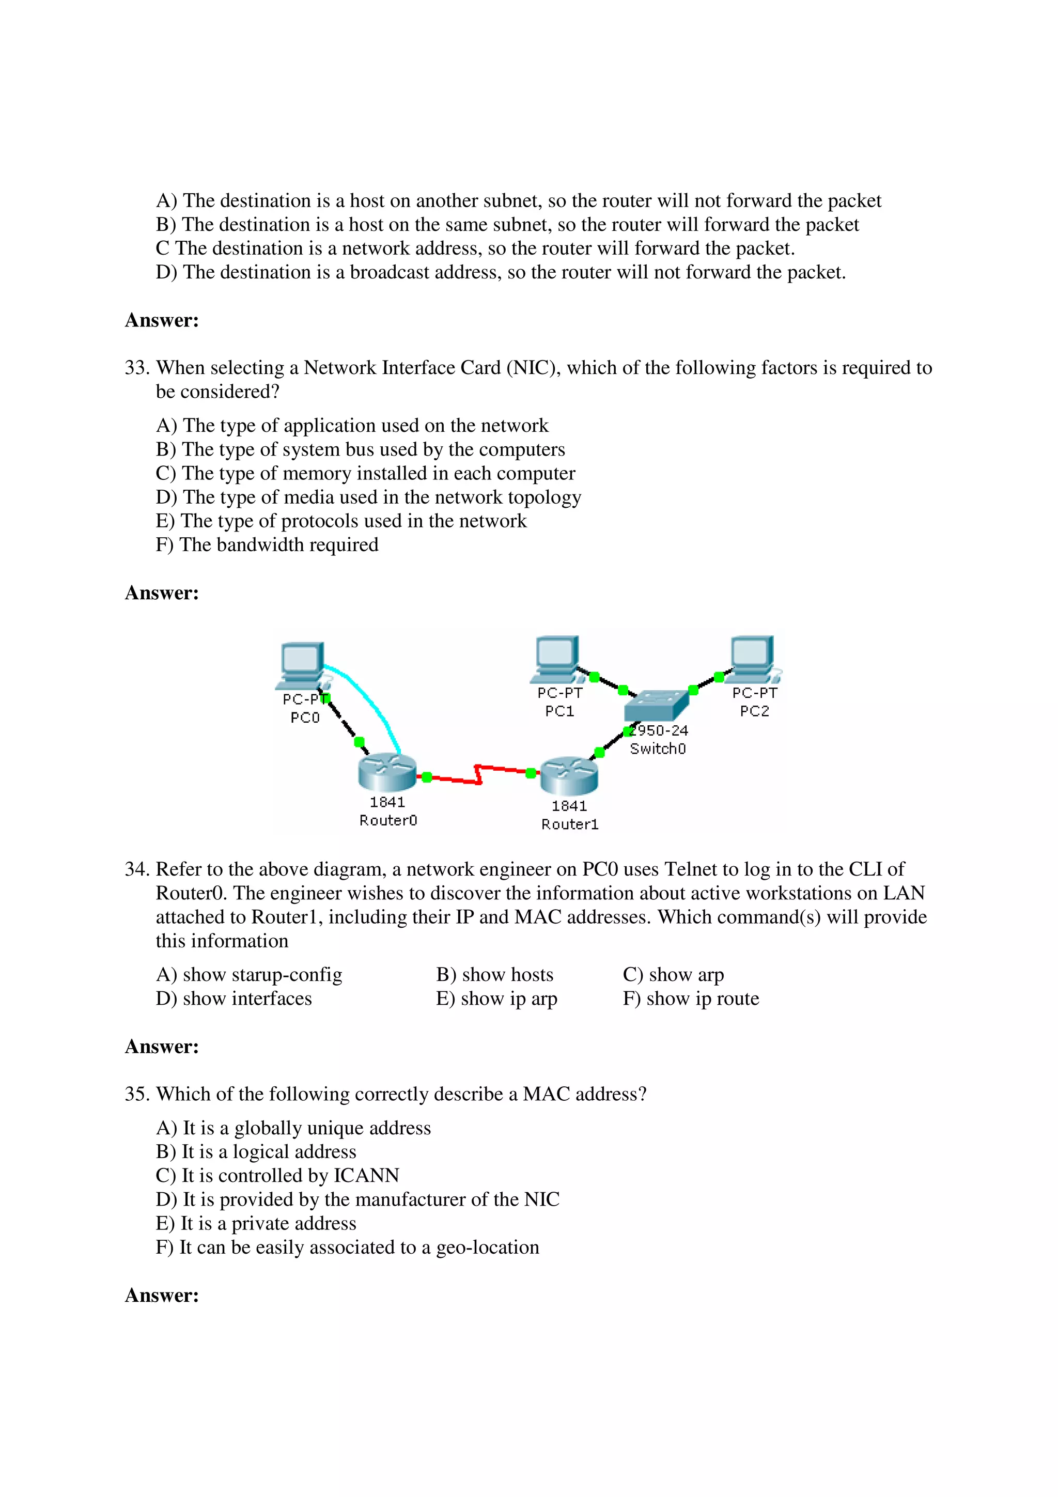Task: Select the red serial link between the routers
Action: point(479,774)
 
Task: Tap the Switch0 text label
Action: point(658,748)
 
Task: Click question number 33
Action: point(137,368)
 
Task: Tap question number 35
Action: point(137,1094)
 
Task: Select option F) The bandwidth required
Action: point(267,545)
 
